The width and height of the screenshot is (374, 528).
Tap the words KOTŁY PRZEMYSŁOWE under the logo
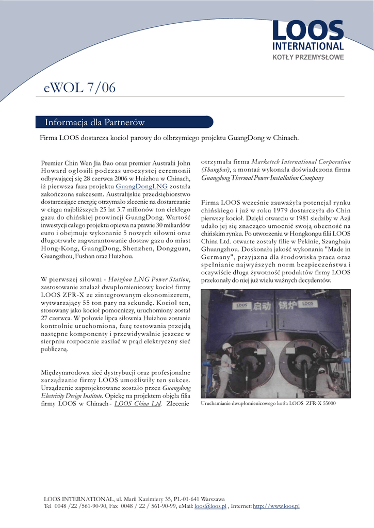point(308,57)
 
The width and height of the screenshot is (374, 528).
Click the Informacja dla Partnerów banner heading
point(94,122)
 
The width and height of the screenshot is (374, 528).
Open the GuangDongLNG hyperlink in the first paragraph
point(141,187)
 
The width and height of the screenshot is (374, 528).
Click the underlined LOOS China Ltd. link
point(138,404)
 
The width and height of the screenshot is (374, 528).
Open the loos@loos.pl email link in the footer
point(210,506)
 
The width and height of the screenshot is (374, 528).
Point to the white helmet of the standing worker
point(226,346)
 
